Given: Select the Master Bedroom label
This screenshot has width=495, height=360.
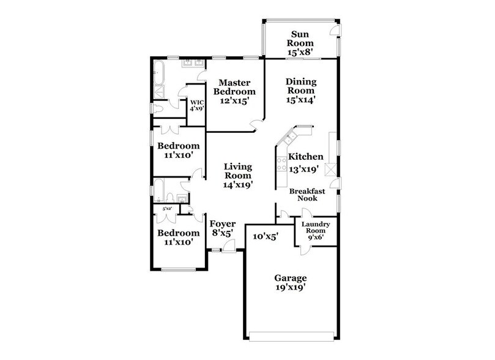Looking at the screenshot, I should point(232,92).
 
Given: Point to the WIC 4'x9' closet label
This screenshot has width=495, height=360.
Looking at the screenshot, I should point(196,105).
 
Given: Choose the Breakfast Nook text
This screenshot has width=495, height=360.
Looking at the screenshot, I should point(307,195).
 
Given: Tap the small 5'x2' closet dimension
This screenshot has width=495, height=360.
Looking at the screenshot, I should point(166,209).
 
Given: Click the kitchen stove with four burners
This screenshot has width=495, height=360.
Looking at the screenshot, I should point(282,164).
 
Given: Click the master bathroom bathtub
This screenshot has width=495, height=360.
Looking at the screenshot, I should point(158,73).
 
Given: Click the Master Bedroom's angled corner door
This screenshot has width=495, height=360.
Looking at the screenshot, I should point(257,125).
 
